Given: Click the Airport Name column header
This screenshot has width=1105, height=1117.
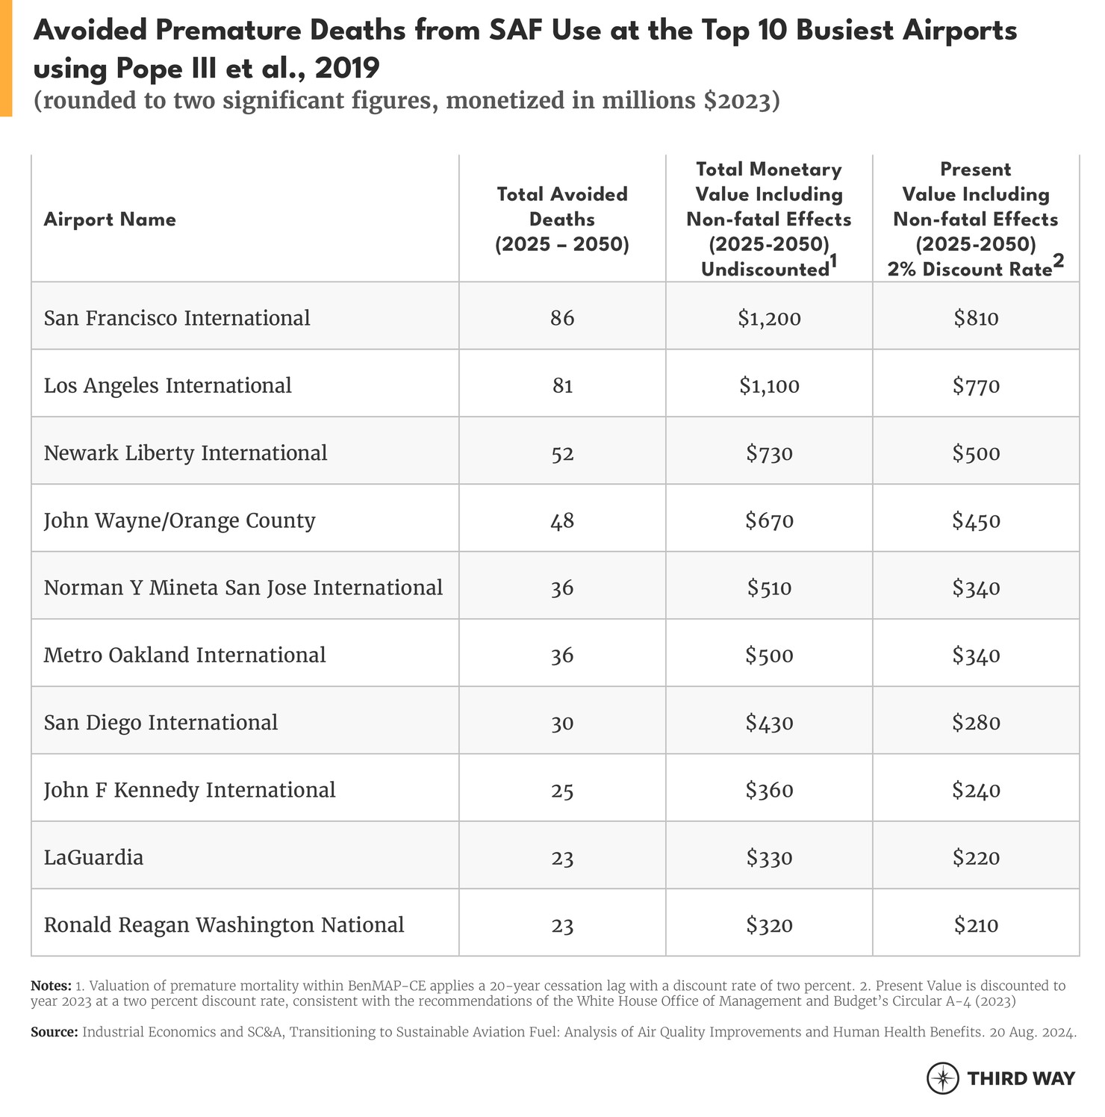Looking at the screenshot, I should click(110, 220).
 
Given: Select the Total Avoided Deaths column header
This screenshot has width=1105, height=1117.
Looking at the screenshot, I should click(561, 219).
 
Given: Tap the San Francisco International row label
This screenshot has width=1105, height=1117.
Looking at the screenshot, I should click(177, 318).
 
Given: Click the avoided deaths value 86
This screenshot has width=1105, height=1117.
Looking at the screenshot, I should click(561, 319).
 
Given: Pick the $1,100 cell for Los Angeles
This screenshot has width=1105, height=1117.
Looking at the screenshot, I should click(769, 386).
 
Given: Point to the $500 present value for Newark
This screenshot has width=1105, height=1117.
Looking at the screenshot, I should click(976, 453).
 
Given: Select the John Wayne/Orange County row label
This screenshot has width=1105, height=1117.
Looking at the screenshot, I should click(179, 520).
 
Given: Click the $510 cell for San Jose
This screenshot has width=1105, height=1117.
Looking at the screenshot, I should click(769, 588).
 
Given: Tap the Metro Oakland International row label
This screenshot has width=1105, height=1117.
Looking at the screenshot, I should click(184, 656).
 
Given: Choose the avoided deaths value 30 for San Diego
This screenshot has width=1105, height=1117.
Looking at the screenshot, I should click(561, 723).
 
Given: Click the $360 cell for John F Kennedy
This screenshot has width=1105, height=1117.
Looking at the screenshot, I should click(769, 790).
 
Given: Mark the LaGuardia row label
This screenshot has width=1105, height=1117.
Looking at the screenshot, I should click(93, 857).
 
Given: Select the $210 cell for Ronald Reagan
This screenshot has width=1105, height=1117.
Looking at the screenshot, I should click(976, 925).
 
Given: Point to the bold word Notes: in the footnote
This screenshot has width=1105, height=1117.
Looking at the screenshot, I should click(51, 986).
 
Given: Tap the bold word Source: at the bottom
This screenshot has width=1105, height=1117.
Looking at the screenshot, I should click(54, 1033).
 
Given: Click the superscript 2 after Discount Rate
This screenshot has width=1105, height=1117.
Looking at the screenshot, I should click(1058, 261).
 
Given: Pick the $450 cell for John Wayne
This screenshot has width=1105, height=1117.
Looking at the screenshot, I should click(976, 520).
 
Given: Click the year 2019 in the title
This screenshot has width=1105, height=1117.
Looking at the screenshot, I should click(347, 69).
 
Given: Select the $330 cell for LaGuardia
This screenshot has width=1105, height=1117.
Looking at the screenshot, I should click(769, 858).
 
